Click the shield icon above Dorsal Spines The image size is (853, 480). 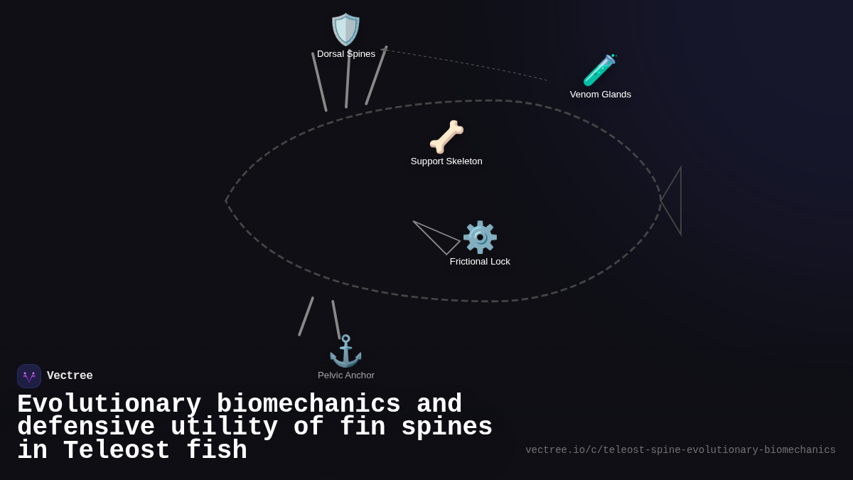pyautogui.click(x=346, y=30)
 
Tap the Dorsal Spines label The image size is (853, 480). pyautogui.click(x=346, y=54)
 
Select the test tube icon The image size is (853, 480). pyautogui.click(x=599, y=70)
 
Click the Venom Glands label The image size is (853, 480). pyautogui.click(x=601, y=95)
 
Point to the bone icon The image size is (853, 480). pyautogui.click(x=446, y=137)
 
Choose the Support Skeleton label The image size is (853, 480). pyautogui.click(x=446, y=161)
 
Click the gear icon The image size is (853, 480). pyautogui.click(x=480, y=237)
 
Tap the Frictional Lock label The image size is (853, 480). pyautogui.click(x=480, y=262)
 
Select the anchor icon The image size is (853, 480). pyautogui.click(x=345, y=351)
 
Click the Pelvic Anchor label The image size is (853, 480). pyautogui.click(x=346, y=375)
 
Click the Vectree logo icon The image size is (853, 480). pyautogui.click(x=29, y=376)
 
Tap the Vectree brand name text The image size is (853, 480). pyautogui.click(x=70, y=376)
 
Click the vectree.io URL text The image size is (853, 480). pyautogui.click(x=680, y=450)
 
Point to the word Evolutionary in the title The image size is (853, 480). pyautogui.click(x=109, y=405)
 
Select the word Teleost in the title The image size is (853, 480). pyautogui.click(x=117, y=451)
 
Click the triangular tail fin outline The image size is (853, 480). pyautogui.click(x=673, y=201)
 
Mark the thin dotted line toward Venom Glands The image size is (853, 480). pyautogui.click(x=469, y=64)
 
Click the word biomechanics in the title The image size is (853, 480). pyautogui.click(x=309, y=405)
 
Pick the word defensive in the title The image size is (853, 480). pyautogui.click(x=86, y=427)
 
